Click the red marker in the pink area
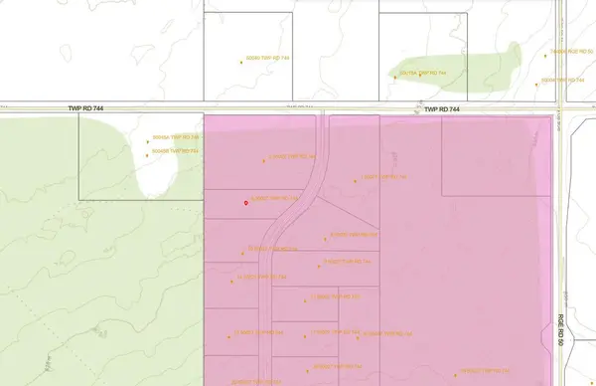245,202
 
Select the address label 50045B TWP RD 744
176,150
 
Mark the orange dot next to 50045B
146,151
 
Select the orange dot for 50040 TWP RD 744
241,61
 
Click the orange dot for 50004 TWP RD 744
536,81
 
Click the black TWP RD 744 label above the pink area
442,108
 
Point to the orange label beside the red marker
275,198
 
